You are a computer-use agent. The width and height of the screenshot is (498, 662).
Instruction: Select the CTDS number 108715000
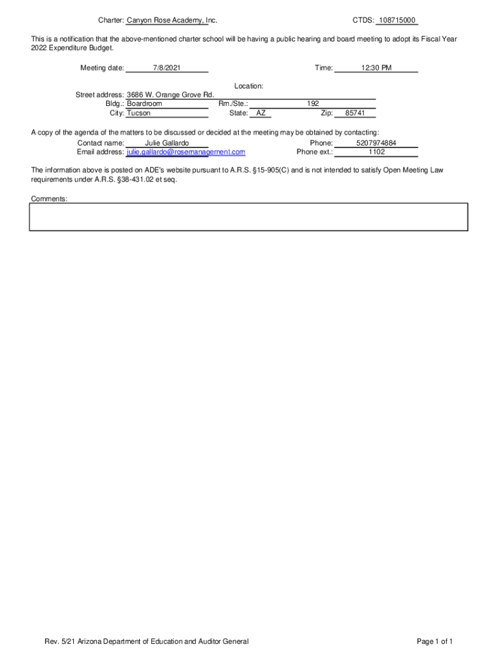(x=397, y=21)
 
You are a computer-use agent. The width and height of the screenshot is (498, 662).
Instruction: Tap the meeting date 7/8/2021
(x=167, y=68)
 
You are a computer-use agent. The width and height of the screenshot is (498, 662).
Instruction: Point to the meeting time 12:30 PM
(x=376, y=68)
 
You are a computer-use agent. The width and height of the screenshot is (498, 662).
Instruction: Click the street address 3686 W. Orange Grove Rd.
(x=170, y=95)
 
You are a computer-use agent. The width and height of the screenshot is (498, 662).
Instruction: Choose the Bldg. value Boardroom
(x=144, y=103)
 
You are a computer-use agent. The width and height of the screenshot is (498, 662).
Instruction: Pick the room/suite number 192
(x=313, y=103)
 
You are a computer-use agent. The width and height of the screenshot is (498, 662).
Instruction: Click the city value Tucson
(x=138, y=112)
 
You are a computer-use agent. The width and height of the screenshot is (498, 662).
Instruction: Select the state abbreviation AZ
(x=261, y=112)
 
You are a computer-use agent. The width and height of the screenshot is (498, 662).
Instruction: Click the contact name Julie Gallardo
(x=167, y=143)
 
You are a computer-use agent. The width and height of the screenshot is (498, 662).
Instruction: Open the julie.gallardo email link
(x=186, y=152)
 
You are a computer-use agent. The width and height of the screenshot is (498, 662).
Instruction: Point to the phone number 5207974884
(x=376, y=143)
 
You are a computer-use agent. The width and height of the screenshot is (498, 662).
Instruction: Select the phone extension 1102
(x=376, y=152)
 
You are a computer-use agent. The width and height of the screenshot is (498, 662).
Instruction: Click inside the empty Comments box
(x=248, y=217)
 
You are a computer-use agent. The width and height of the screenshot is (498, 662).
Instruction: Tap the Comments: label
(x=49, y=199)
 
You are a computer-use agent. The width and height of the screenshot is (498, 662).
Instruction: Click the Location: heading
(x=248, y=86)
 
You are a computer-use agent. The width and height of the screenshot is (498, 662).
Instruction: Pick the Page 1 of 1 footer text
(x=435, y=641)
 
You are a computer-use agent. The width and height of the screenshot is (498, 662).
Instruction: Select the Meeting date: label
(x=102, y=68)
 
